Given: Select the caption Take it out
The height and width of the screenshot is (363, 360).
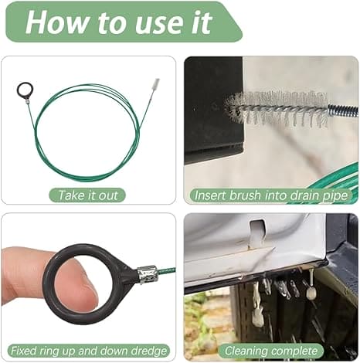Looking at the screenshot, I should pyautogui.click(x=88, y=195).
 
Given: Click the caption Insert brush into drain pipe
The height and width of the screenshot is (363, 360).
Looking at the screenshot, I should pyautogui.click(x=271, y=195).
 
